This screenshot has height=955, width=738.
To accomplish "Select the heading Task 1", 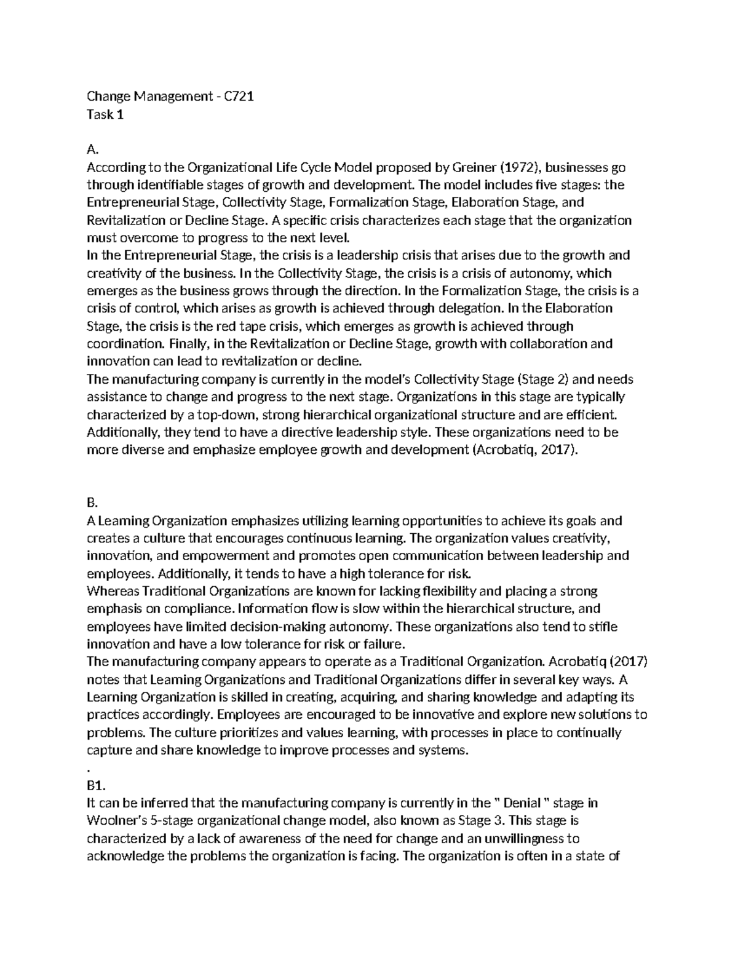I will [105, 114].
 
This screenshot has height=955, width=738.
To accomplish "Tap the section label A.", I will [92, 149].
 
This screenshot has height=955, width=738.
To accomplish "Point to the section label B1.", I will [96, 785].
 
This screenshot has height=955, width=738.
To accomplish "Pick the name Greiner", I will [474, 167].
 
